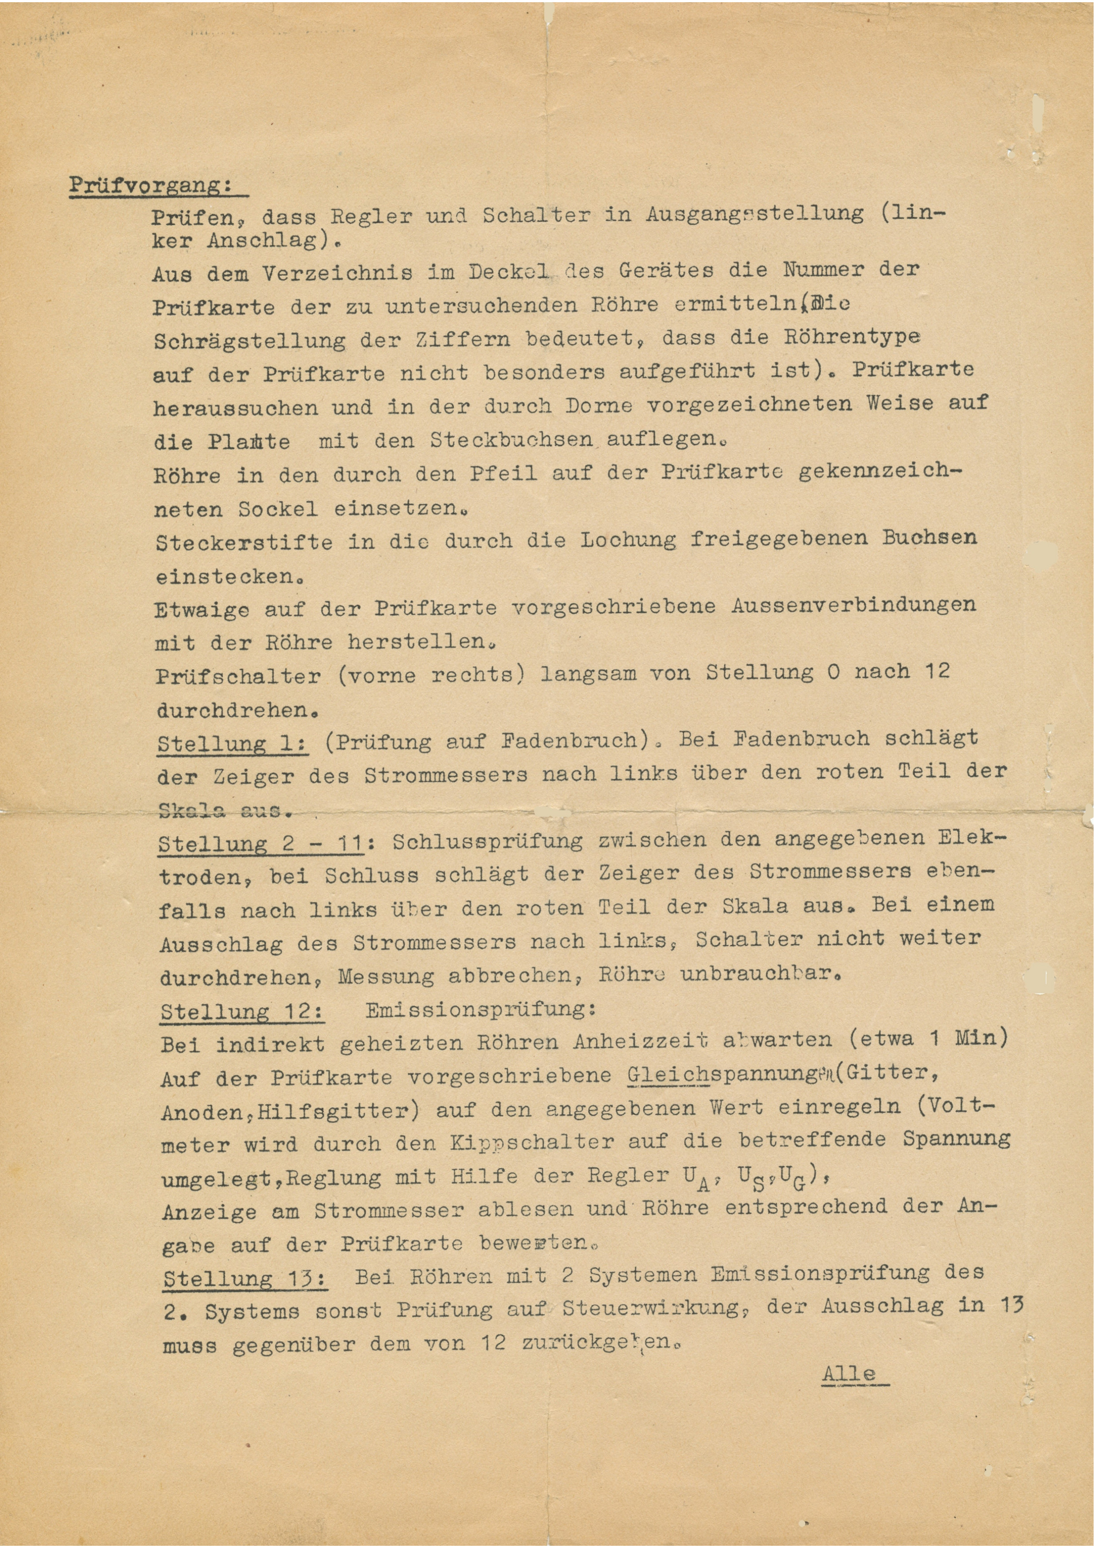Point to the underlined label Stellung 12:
(242, 1011)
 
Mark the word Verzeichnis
(337, 273)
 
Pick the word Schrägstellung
(249, 341)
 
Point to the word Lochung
(628, 540)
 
